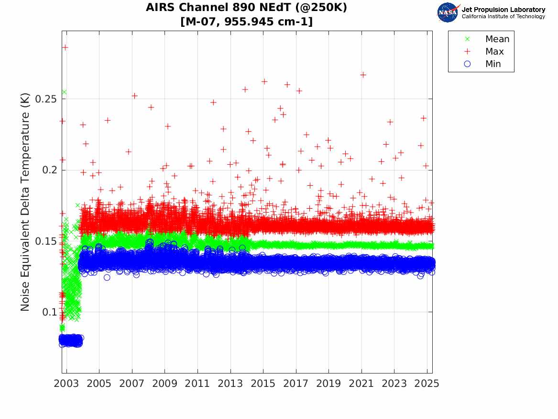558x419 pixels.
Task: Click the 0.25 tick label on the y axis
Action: click(x=46, y=99)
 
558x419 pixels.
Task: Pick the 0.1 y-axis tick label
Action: click(x=50, y=312)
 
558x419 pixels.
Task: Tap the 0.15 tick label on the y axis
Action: click(x=46, y=241)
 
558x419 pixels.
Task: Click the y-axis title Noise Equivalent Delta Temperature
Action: click(x=25, y=202)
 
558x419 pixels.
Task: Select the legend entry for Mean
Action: click(x=497, y=39)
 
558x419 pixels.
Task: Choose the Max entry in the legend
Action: click(x=494, y=52)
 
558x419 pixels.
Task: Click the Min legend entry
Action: click(x=493, y=64)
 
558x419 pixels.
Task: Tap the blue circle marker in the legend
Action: click(x=468, y=64)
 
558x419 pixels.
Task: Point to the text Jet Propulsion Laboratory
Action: click(x=503, y=10)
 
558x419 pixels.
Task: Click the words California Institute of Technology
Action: click(x=503, y=17)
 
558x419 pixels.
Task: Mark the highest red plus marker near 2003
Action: click(x=66, y=47)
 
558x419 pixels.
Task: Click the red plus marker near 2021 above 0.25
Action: click(x=363, y=75)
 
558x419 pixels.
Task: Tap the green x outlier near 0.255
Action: click(x=64, y=92)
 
